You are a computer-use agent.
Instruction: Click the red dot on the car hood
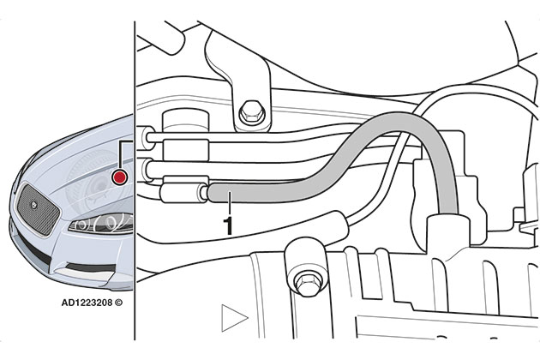click(119, 177)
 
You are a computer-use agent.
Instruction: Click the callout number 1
click(228, 225)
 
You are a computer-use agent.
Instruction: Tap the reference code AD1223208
click(87, 303)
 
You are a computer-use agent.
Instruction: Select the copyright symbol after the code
click(118, 303)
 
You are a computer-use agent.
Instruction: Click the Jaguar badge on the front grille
click(34, 206)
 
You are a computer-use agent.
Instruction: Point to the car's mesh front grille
click(38, 210)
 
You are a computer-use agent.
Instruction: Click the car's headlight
click(102, 223)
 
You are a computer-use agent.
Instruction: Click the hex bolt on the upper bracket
click(252, 112)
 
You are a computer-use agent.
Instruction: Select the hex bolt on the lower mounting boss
click(304, 285)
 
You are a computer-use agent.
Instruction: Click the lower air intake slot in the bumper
click(91, 267)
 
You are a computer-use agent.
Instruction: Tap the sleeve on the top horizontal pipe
click(186, 150)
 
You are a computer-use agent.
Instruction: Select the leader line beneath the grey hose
click(229, 204)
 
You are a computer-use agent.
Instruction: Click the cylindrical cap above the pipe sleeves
click(186, 121)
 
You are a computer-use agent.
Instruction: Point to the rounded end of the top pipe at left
click(147, 137)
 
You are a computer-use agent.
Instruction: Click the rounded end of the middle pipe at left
click(147, 170)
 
